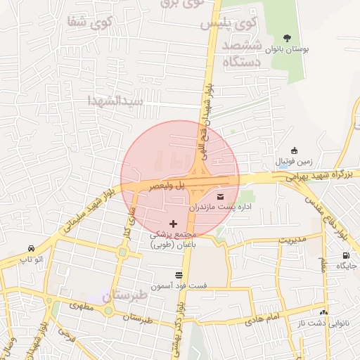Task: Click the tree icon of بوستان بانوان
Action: tap(286, 38)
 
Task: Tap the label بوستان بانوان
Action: tap(285, 51)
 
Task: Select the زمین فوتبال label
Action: tap(285, 162)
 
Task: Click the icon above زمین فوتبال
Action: tap(294, 150)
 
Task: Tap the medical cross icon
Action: tap(174, 223)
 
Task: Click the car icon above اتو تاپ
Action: tap(32, 249)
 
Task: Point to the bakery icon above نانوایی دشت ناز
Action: tap(323, 311)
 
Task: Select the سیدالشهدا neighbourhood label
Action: tap(115, 101)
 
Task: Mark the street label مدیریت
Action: tap(293, 239)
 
